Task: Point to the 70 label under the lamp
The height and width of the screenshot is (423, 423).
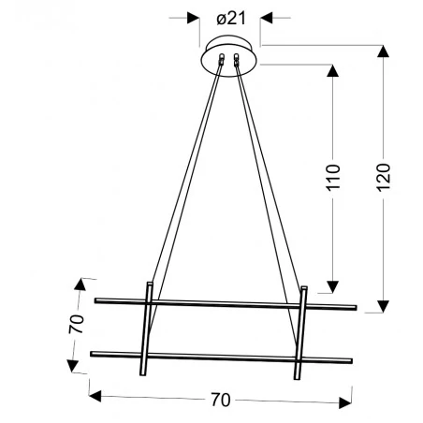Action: pos(220,399)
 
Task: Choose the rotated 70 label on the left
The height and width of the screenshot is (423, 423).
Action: pos(77,324)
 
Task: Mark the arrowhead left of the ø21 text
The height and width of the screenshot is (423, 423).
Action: pos(195,17)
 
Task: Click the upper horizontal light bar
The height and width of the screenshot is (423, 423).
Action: pos(225,303)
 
